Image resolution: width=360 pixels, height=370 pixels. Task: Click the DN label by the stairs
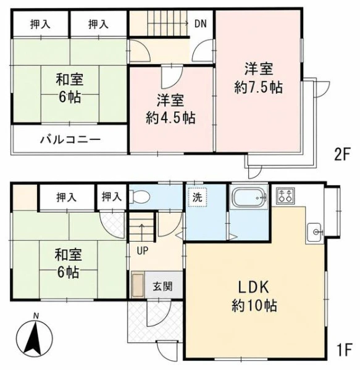(x=200, y=23)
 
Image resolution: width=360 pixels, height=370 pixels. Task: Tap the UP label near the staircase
(x=143, y=250)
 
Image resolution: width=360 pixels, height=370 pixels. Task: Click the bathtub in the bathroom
(x=250, y=197)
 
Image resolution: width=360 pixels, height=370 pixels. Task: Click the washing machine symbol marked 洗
(x=197, y=197)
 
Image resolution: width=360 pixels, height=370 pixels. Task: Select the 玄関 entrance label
(x=162, y=287)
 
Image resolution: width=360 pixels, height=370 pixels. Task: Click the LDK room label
(x=253, y=287)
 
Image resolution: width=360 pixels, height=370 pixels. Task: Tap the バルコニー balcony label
(x=70, y=139)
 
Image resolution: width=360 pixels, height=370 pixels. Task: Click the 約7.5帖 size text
(x=259, y=88)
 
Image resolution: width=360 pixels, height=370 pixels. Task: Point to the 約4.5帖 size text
(x=170, y=118)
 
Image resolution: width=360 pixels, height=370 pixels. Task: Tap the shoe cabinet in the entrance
(x=138, y=285)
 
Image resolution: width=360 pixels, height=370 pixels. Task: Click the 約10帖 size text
(x=254, y=306)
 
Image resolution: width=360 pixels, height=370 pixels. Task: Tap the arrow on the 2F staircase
(x=168, y=23)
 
